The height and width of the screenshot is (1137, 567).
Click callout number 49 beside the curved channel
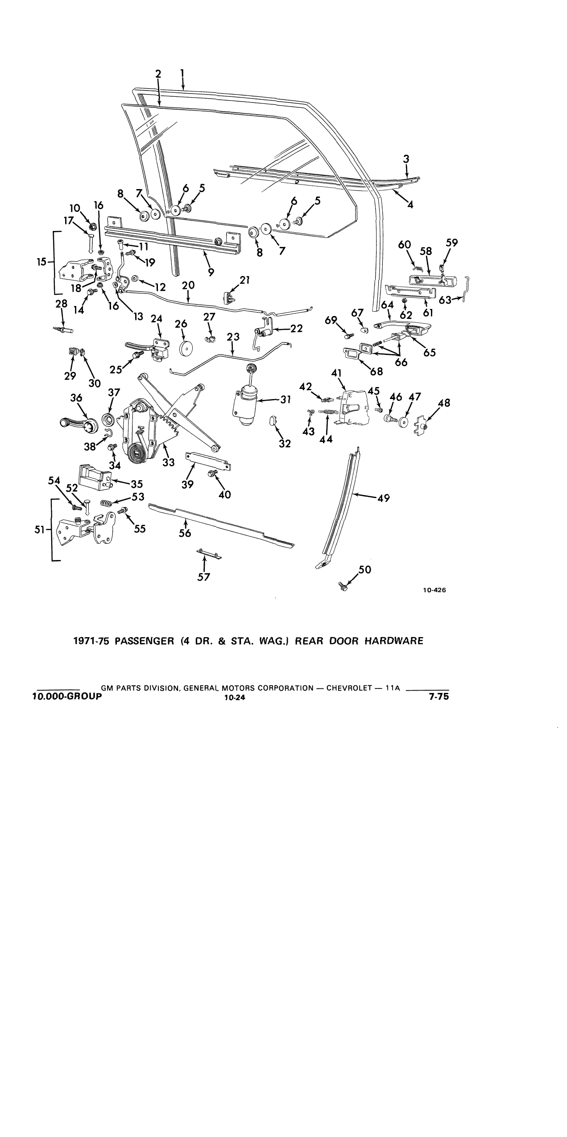[x=384, y=498]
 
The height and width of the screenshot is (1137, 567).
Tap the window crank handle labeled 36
[x=79, y=423]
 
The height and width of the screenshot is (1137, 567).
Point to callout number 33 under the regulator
[x=168, y=462]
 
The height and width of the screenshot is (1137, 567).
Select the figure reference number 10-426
[x=435, y=590]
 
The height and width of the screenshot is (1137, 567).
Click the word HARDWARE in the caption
[x=394, y=641]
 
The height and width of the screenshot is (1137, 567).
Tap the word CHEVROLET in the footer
[x=349, y=688]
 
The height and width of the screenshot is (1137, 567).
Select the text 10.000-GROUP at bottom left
[x=67, y=696]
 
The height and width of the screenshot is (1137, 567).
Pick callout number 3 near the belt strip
[x=406, y=159]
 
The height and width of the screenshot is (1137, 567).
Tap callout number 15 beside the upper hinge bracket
[x=41, y=262]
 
